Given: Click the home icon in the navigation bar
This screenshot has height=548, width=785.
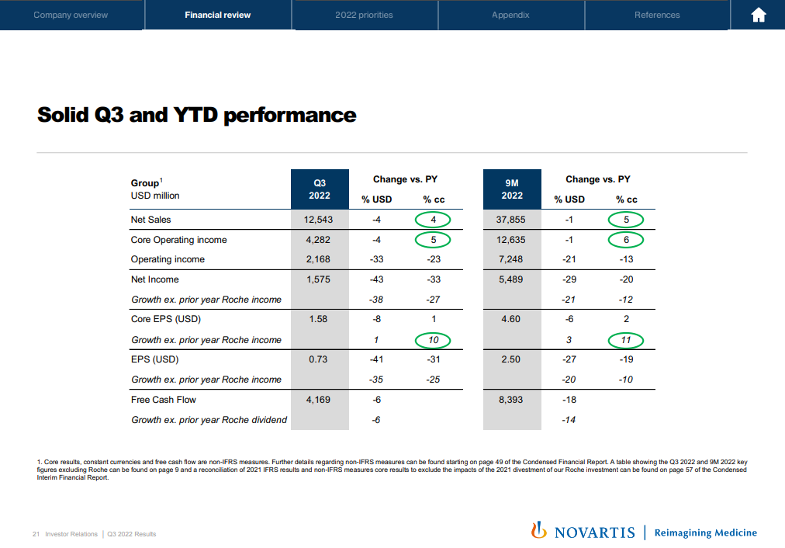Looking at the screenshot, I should (759, 15).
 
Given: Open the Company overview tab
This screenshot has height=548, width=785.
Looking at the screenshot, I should (71, 15).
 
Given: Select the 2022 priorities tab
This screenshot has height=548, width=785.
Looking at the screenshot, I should (364, 15).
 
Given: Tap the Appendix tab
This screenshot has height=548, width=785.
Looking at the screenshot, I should (510, 15).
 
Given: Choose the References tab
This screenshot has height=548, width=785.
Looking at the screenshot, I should (656, 15).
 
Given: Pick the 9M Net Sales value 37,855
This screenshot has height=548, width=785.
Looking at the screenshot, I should (510, 220).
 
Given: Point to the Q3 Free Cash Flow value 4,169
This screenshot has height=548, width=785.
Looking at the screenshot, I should (318, 400).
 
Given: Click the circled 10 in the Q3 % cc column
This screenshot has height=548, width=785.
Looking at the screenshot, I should (434, 339).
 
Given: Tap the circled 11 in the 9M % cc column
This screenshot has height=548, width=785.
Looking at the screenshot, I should (626, 339).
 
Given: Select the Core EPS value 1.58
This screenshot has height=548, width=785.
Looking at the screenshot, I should (319, 319).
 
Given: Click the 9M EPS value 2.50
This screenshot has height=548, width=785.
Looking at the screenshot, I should (512, 359).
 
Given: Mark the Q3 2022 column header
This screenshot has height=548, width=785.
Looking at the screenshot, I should (319, 189).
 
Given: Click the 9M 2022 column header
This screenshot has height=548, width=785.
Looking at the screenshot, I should (512, 189).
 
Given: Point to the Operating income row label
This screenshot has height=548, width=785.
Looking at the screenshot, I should (168, 259).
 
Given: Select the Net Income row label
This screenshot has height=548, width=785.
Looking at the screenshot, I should (154, 279).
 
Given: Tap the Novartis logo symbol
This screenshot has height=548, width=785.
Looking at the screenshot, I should (538, 532).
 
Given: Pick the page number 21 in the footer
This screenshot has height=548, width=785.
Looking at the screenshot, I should (36, 534).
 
